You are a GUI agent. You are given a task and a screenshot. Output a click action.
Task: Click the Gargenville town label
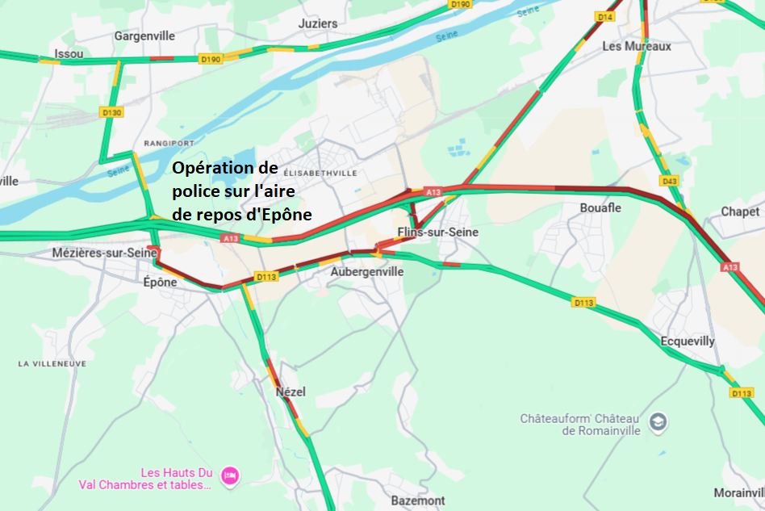tap(144, 36)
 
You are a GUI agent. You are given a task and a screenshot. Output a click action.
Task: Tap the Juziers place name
tap(318, 23)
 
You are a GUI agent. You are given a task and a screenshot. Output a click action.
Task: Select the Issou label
tap(68, 54)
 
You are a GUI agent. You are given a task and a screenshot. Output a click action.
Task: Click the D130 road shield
tap(111, 112)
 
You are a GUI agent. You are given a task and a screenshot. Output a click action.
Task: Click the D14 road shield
tap(605, 16)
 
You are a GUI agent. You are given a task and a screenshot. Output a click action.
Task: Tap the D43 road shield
tap(669, 181)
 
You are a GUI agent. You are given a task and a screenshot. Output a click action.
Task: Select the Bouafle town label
tap(600, 207)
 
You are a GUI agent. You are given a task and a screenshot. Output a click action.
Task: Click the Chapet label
tap(740, 212)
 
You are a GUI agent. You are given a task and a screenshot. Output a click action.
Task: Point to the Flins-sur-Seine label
tap(437, 232)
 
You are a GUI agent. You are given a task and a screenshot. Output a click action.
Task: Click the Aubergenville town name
tap(366, 272)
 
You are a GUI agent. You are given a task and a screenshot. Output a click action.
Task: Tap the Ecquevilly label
tap(688, 341)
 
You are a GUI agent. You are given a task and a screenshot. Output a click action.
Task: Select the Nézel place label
tap(291, 392)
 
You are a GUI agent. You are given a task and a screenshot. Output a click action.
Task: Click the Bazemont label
tap(417, 501)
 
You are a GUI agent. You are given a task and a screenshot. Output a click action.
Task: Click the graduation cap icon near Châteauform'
tap(659, 421)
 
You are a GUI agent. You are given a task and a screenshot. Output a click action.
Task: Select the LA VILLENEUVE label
tap(52, 364)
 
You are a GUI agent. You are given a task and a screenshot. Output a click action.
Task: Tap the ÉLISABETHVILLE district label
tap(320, 173)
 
